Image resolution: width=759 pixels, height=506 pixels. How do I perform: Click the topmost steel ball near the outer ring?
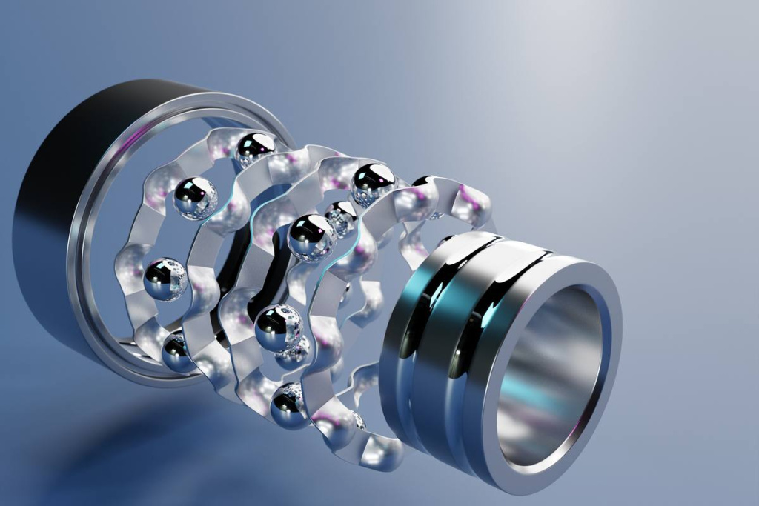254,148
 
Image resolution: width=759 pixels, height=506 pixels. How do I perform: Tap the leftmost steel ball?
165,279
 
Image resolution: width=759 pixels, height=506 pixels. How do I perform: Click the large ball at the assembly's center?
312,236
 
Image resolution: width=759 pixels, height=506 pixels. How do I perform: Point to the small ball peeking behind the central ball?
342,216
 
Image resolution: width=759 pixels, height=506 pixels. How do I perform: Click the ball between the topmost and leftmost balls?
195,198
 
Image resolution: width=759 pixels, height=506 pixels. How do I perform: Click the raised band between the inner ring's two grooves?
445,326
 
